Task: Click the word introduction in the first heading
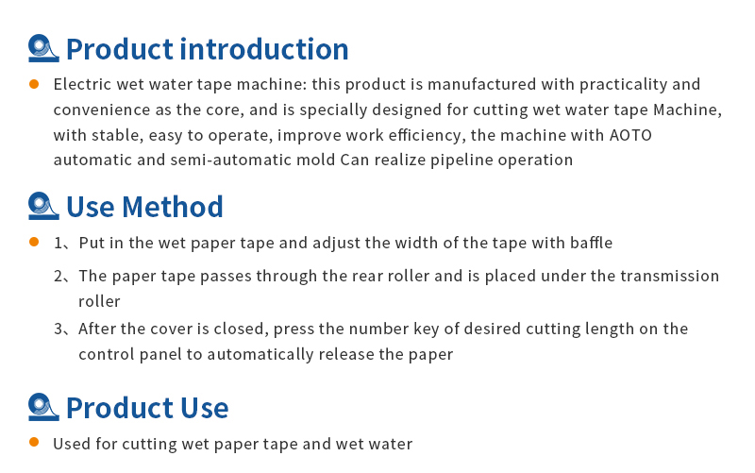(x=264, y=49)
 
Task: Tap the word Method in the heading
(x=173, y=207)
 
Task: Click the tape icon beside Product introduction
(x=43, y=48)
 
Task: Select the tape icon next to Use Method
(x=43, y=206)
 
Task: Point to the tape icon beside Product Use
(x=43, y=407)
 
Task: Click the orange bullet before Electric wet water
(x=34, y=84)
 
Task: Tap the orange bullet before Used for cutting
(x=34, y=442)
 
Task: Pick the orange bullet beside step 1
(x=34, y=242)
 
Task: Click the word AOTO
(x=630, y=135)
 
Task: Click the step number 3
(x=58, y=329)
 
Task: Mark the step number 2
(x=58, y=277)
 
